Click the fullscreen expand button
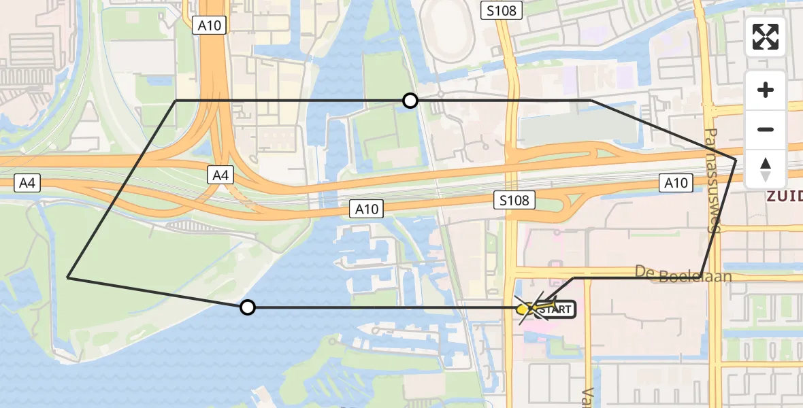(766, 37)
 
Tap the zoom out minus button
(766, 129)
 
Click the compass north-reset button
(766, 169)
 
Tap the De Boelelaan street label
(683, 274)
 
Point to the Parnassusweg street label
(711, 180)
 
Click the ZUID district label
(784, 197)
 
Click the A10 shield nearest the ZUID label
(676, 183)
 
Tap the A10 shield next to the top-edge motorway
(209, 25)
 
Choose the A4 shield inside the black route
(220, 175)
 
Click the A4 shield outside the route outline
(27, 182)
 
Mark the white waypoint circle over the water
(248, 307)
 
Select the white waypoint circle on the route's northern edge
(410, 101)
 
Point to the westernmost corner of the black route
(68, 277)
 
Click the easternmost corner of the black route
(736, 159)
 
